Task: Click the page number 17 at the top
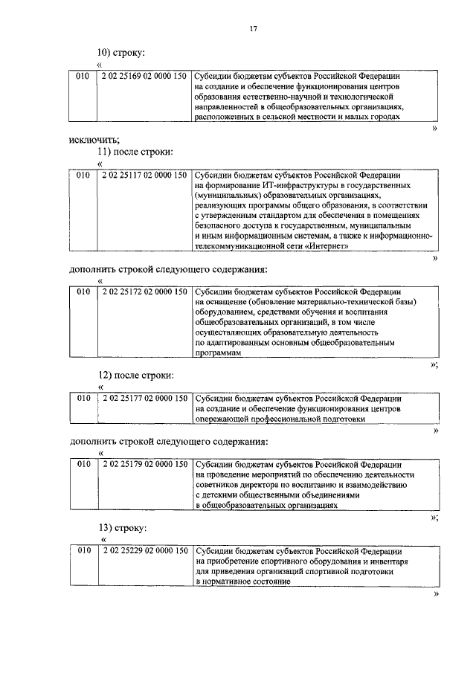[x=253, y=28]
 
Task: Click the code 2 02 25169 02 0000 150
[x=144, y=76]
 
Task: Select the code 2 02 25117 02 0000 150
[x=144, y=175]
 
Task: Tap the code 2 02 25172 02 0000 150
[x=144, y=292]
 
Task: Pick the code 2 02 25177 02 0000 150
[x=144, y=398]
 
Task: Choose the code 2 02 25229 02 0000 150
[x=144, y=551]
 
